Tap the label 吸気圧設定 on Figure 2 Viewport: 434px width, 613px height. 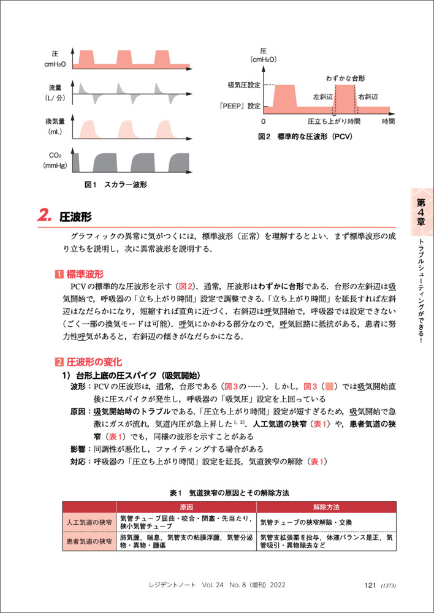pos(244,84)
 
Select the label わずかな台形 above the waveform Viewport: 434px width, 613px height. pos(345,78)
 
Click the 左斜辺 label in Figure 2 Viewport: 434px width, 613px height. pos(322,97)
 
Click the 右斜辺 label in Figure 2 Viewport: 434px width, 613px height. pos(368,97)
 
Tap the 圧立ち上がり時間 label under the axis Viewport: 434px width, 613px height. pos(334,122)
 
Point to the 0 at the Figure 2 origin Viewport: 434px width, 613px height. pos(263,122)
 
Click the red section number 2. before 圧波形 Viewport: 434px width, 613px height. pos(45,216)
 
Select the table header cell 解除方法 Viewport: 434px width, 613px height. pos(325,508)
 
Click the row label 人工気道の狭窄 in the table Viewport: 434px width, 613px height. pos(89,522)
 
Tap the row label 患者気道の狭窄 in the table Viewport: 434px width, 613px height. pos(89,541)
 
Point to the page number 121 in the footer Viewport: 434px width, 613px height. pos(370,585)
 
